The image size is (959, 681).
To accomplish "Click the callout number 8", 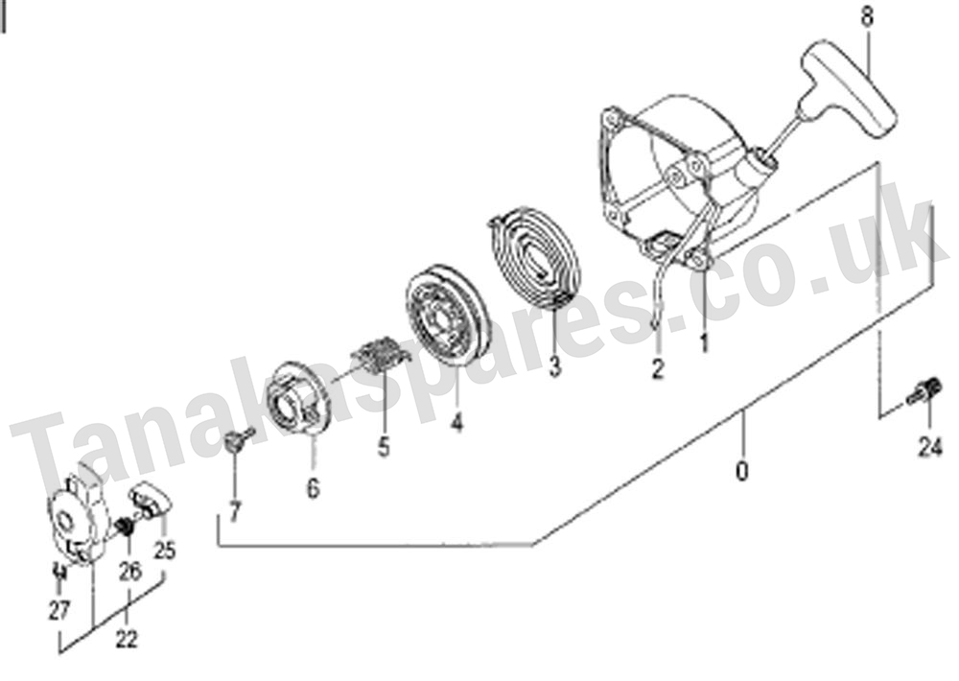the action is [x=867, y=16].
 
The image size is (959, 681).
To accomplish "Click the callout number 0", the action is [x=741, y=472].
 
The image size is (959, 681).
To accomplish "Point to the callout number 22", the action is [x=127, y=640].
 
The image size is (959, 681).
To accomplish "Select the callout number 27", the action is [x=59, y=610].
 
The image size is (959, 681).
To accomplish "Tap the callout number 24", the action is [x=929, y=449].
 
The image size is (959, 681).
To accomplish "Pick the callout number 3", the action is [x=554, y=366].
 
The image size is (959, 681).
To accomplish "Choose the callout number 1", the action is [x=704, y=342].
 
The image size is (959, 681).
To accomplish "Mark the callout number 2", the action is [x=658, y=369].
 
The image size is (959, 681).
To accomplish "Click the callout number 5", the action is [x=384, y=447].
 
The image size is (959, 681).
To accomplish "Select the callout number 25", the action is [x=164, y=551].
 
